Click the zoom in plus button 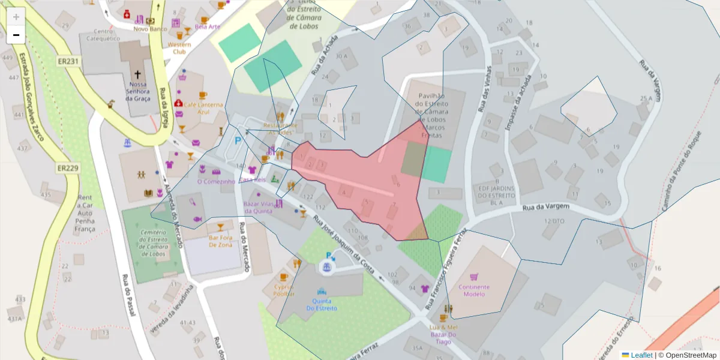pos(16,17)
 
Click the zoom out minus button pos(16,35)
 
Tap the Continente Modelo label pos(474,290)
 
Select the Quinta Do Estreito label pos(322,305)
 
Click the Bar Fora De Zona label pos(220,241)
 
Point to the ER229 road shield pos(68,168)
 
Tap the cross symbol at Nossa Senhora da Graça pos(137,74)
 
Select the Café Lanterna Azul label pos(203,108)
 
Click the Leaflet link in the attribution pos(641,355)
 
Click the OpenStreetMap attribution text pos(688,355)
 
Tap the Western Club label pos(179,48)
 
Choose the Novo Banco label pos(150,28)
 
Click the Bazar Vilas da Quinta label pos(263,208)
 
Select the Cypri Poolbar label pos(284,291)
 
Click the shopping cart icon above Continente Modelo pos(474,277)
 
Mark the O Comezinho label pos(216,181)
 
